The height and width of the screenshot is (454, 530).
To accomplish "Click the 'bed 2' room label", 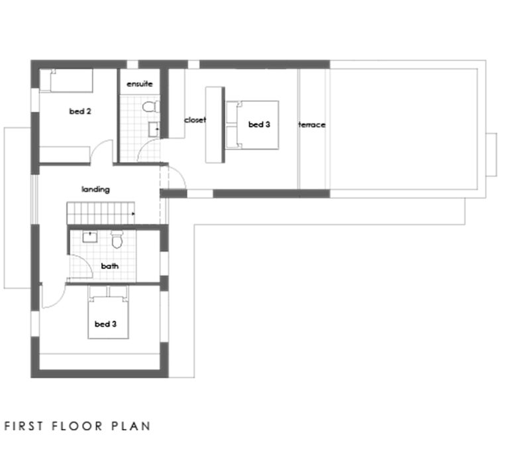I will [x=80, y=111].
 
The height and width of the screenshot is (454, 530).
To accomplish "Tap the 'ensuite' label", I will [x=140, y=84].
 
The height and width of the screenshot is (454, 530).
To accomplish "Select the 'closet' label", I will [x=195, y=120].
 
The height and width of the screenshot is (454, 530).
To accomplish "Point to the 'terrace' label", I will [x=312, y=125].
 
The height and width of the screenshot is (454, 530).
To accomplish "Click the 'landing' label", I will [x=95, y=190].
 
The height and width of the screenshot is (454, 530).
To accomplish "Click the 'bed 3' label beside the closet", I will [x=258, y=124].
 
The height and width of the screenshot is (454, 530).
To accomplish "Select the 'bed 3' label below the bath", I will [x=105, y=324].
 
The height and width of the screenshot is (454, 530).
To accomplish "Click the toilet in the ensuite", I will [x=150, y=107].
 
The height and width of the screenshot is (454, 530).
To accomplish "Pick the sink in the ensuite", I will [x=154, y=129].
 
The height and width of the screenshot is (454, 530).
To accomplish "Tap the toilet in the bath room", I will [x=117, y=239].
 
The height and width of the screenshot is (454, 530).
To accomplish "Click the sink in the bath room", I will [x=89, y=237].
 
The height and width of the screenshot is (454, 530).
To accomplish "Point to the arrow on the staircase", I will [x=134, y=214].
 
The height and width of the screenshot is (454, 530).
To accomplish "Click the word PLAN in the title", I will [x=132, y=426].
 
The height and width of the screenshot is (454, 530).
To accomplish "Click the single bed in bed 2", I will [x=66, y=82].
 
